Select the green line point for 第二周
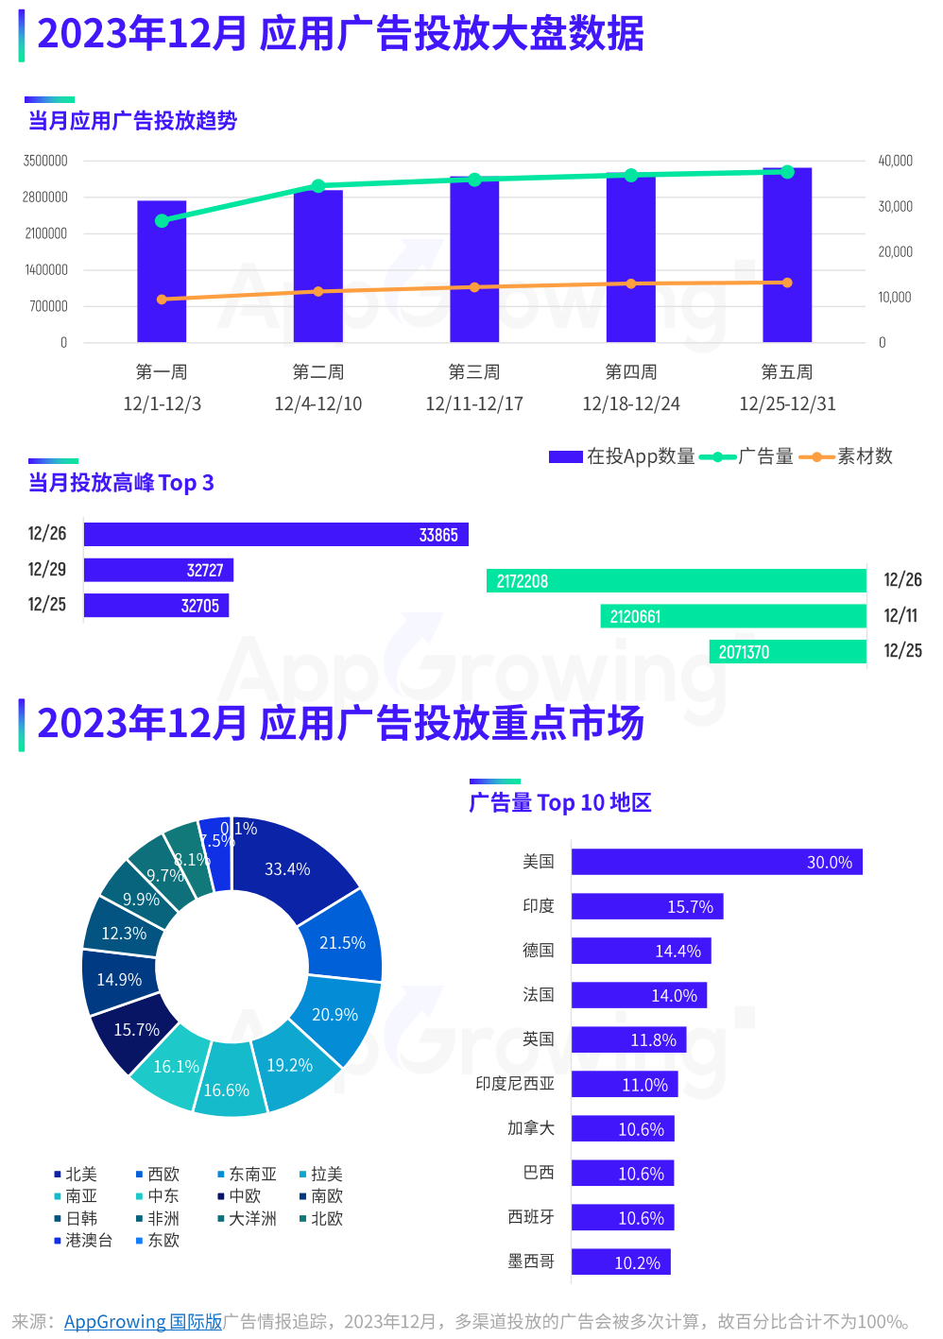coord(318,186)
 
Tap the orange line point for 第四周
coord(631,283)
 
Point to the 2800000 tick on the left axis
coord(45,197)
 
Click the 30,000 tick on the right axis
coord(895,206)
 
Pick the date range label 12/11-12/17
coord(474,403)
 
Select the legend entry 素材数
coord(847,456)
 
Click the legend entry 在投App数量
coord(623,456)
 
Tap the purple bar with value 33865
coord(276,535)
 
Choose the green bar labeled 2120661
coord(733,617)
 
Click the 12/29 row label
coord(47,569)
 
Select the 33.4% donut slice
coord(288,868)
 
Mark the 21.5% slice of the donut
coord(342,942)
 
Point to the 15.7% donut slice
coord(135,1029)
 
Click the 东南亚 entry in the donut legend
coord(248,1175)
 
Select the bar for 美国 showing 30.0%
coord(716,862)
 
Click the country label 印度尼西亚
coord(515,1084)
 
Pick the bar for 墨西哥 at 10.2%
coord(621,1262)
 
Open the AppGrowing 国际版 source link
coord(143,1321)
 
